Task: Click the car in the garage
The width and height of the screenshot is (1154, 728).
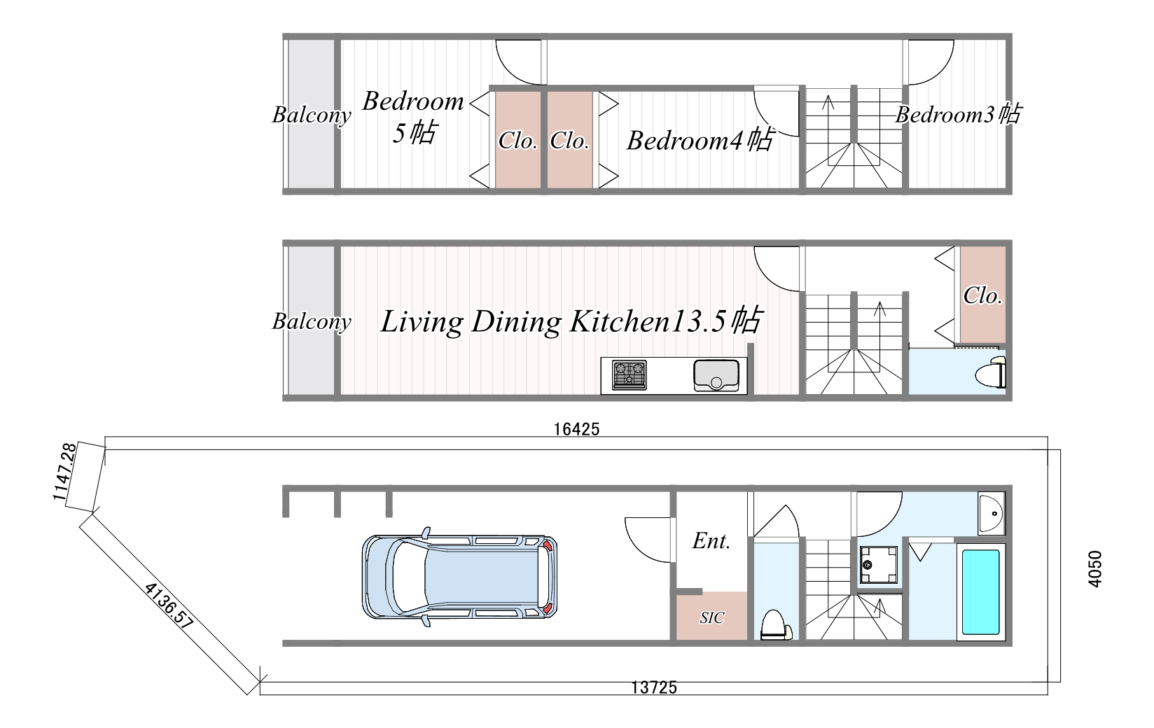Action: pyautogui.click(x=459, y=577)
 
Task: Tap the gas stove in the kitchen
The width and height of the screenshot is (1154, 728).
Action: pyautogui.click(x=629, y=374)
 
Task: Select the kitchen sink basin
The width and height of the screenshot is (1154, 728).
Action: pyautogui.click(x=716, y=375)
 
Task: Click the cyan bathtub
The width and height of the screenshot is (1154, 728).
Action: pyautogui.click(x=980, y=591)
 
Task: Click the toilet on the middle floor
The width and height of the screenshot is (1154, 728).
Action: pyautogui.click(x=991, y=373)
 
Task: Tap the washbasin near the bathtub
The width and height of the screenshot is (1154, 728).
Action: pyautogui.click(x=992, y=513)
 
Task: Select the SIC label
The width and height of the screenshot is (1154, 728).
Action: pyautogui.click(x=712, y=617)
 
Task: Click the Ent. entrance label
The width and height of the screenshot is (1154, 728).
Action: pyautogui.click(x=711, y=541)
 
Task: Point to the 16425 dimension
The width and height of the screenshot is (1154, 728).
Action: pyautogui.click(x=576, y=429)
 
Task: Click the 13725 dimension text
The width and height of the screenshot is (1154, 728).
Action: pyautogui.click(x=654, y=688)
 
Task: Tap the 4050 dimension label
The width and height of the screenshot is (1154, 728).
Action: pyautogui.click(x=1094, y=568)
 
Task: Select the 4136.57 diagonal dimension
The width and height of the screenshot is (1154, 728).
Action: pyautogui.click(x=169, y=606)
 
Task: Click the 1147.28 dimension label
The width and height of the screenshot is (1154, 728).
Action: pyautogui.click(x=65, y=472)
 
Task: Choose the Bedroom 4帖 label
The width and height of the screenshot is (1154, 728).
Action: pyautogui.click(x=700, y=140)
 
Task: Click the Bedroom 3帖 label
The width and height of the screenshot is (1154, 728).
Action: pyautogui.click(x=958, y=114)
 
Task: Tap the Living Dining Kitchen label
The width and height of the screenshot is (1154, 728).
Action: pyautogui.click(x=524, y=322)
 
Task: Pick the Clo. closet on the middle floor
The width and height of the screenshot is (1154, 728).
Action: pyautogui.click(x=983, y=295)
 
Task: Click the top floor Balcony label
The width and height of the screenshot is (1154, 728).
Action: pyautogui.click(x=312, y=115)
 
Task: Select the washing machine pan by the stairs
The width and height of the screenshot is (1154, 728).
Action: pyautogui.click(x=878, y=565)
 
